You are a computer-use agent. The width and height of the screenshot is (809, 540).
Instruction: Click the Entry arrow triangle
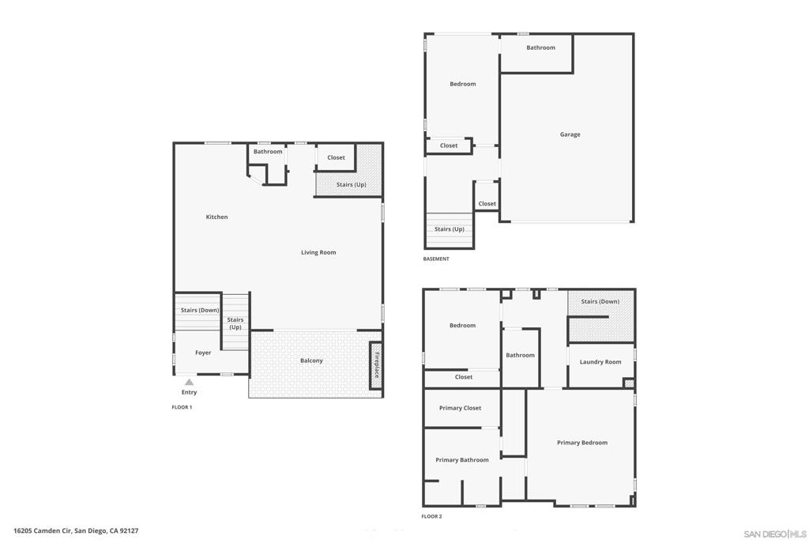[x=190, y=382]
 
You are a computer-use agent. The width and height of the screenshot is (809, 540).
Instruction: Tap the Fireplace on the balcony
[x=376, y=365]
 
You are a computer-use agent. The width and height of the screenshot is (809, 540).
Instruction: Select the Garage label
[x=570, y=134]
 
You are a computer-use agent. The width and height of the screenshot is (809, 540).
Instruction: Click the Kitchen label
[x=216, y=217]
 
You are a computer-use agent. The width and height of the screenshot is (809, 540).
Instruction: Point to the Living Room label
[x=318, y=252]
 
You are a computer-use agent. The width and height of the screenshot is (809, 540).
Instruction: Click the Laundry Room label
[x=600, y=362]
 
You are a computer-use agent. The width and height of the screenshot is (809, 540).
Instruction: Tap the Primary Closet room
[x=461, y=408]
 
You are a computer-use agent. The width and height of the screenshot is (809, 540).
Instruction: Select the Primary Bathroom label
[x=461, y=460]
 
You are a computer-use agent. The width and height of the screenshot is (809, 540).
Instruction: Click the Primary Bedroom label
[x=582, y=443]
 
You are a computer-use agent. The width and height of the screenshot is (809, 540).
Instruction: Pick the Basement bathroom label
[x=540, y=47]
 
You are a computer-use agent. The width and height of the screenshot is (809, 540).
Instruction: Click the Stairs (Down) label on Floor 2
[x=600, y=301]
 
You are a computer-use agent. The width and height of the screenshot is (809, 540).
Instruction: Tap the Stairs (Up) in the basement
[x=449, y=230]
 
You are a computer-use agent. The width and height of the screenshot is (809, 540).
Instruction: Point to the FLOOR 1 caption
[x=182, y=407]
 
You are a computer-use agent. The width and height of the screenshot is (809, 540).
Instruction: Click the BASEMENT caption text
[x=436, y=259]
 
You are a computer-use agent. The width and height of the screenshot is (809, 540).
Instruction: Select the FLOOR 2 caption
[x=431, y=516]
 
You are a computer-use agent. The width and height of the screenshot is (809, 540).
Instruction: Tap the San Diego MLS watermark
[x=775, y=534]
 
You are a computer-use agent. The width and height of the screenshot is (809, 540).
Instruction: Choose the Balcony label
[x=311, y=361]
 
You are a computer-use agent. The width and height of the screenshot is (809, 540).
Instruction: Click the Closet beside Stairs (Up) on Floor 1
[x=335, y=157]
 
